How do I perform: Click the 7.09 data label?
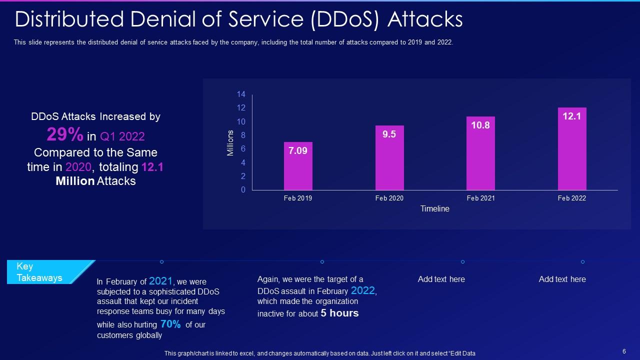coord(298,150)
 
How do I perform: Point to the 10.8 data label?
coord(480,125)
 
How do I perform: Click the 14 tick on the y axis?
coord(241,94)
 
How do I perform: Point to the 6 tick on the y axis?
coord(243,149)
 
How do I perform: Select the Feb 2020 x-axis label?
coord(389,198)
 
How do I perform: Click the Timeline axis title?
coord(434,209)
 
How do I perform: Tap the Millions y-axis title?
coord(230,143)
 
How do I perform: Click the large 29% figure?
coord(65,134)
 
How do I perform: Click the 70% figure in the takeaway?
coord(170,324)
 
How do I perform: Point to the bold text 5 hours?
coord(340,313)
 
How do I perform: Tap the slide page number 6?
coord(624,351)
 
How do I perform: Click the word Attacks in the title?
coord(425,20)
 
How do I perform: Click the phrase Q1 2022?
coord(122,136)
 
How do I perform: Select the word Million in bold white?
coord(75,181)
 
